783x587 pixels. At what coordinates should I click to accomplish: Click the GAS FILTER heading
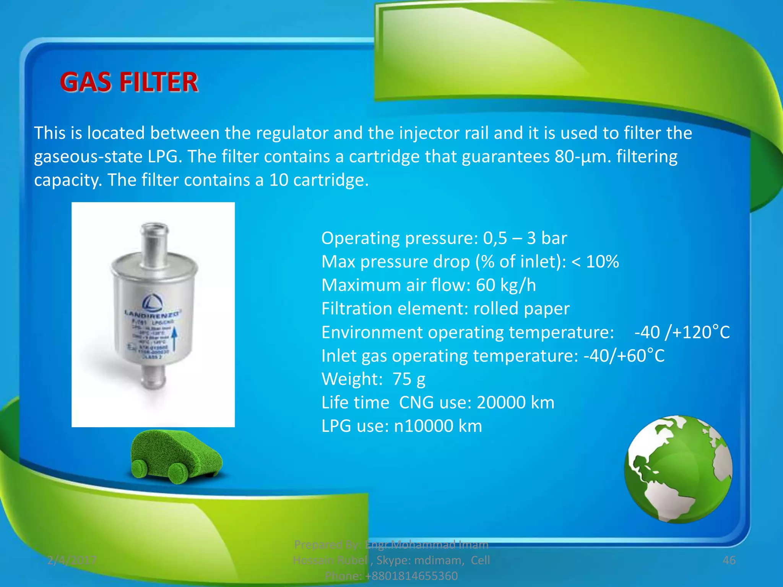(x=129, y=82)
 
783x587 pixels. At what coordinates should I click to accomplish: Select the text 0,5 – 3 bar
(x=525, y=238)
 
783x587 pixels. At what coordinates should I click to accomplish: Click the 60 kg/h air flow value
(x=506, y=285)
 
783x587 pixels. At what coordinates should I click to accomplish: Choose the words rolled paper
(x=521, y=308)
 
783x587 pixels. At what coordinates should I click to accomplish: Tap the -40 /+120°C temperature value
(x=682, y=332)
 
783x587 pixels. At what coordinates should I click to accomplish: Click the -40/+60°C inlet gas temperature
(x=624, y=356)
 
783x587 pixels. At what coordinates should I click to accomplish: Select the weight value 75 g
(x=409, y=379)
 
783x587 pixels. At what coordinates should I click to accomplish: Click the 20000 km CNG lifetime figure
(x=515, y=402)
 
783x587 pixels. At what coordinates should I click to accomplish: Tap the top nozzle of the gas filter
(x=154, y=241)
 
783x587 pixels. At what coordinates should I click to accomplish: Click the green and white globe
(x=678, y=469)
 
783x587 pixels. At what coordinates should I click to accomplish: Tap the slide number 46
(x=729, y=560)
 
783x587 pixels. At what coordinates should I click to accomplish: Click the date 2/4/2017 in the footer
(x=71, y=560)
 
